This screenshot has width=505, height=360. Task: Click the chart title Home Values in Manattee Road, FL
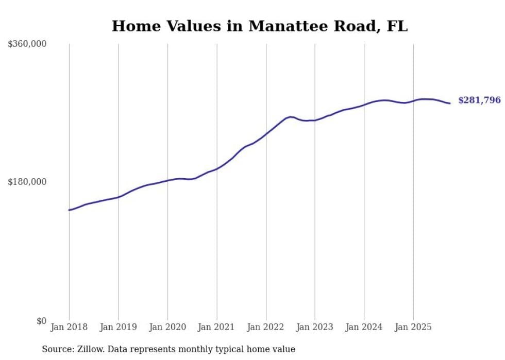pos(260,26)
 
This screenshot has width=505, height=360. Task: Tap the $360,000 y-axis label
pos(27,44)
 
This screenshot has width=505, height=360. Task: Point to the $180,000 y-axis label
pos(27,182)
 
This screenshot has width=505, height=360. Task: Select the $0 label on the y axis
pos(41,321)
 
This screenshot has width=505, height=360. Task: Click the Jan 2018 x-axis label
pos(69,327)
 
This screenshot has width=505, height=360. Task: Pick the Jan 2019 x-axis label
pos(118,327)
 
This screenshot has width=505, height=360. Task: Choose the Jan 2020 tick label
pos(167,327)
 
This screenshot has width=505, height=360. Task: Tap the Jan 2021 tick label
pos(216,327)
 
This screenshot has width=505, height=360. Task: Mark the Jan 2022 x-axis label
pos(266,327)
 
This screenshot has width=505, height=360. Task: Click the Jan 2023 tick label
pos(315,327)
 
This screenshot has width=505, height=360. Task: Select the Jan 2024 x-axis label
pos(364,327)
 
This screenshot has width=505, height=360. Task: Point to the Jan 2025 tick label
pos(413,327)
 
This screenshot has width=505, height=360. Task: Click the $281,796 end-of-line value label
pos(479,100)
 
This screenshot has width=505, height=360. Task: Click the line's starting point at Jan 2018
pos(69,210)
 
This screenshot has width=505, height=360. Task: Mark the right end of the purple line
pos(450,104)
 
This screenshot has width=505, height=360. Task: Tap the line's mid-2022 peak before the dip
pos(291,117)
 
